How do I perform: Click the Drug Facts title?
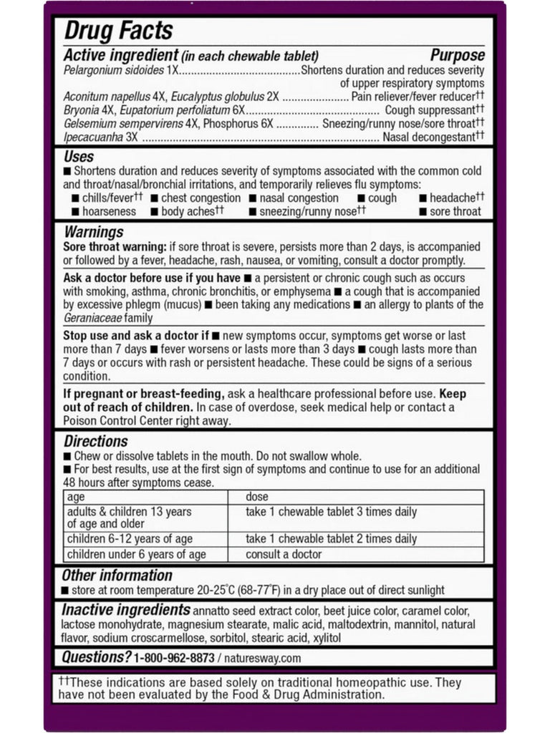(118, 31)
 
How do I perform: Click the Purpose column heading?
(457, 56)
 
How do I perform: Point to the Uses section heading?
(79, 157)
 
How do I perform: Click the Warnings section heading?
(94, 232)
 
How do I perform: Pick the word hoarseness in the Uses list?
(108, 212)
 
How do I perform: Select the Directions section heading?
(96, 441)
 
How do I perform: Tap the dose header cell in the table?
(257, 497)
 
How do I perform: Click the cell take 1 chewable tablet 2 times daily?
(331, 539)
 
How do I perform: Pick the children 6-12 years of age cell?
(130, 539)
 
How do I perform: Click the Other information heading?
(117, 575)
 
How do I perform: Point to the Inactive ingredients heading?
(126, 610)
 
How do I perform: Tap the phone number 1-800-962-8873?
(174, 658)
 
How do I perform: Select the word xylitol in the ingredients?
(326, 638)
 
